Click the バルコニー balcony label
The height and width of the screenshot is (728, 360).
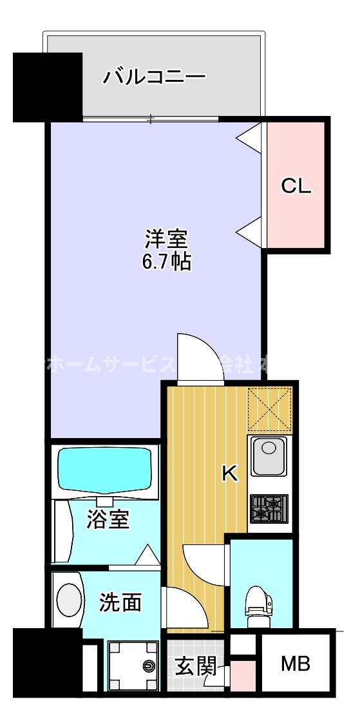[155, 78]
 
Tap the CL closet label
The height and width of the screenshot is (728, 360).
[296, 186]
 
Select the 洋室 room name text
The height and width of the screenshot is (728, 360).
[165, 239]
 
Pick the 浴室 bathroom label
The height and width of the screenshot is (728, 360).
[108, 519]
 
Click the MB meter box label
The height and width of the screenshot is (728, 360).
[296, 664]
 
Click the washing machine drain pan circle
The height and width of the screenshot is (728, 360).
[149, 666]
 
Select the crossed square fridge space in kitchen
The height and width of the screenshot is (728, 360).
[270, 410]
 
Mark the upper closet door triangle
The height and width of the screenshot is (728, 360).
[251, 137]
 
